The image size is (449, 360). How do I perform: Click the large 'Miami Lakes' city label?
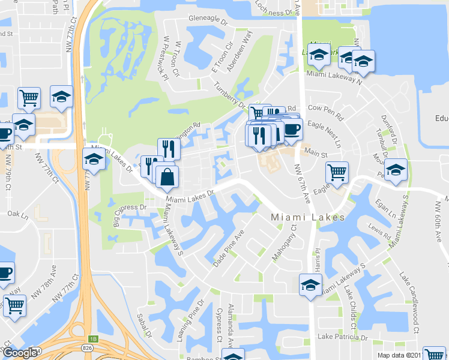[x=307, y=217]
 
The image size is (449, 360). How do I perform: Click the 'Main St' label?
[x=315, y=154]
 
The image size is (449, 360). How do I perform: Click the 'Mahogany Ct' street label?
[x=284, y=242]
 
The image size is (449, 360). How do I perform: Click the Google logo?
[x=20, y=353]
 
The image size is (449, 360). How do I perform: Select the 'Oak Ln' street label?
[x=17, y=214]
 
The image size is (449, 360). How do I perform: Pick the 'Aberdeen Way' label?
[x=239, y=52]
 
